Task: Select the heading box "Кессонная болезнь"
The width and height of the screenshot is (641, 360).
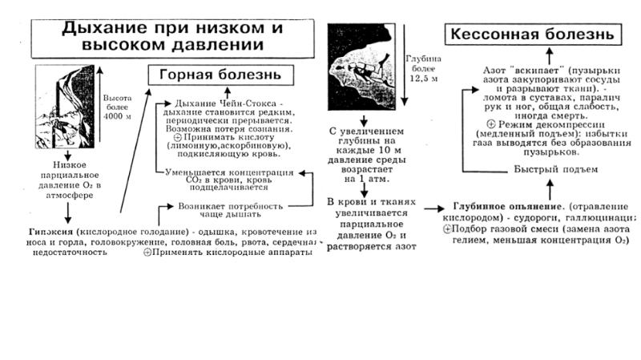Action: pyautogui.click(x=532, y=35)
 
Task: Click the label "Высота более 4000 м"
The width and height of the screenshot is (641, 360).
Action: pyautogui.click(x=122, y=104)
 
